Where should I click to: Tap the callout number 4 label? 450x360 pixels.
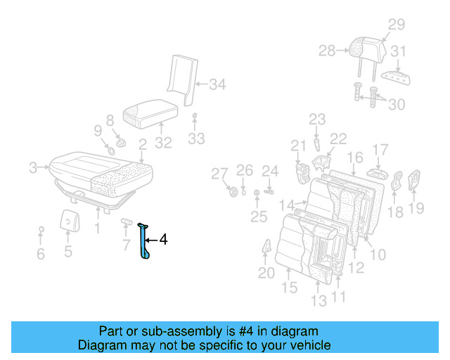tap(163, 240)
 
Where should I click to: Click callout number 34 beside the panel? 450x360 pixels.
tap(217, 85)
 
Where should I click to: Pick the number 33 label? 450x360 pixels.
tap(196, 139)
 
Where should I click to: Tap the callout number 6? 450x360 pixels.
tap(40, 254)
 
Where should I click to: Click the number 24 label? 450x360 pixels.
tap(270, 170)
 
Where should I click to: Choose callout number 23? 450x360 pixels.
tap(317, 120)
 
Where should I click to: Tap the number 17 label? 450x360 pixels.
tap(380, 149)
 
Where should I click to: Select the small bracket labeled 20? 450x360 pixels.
tap(268, 248)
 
